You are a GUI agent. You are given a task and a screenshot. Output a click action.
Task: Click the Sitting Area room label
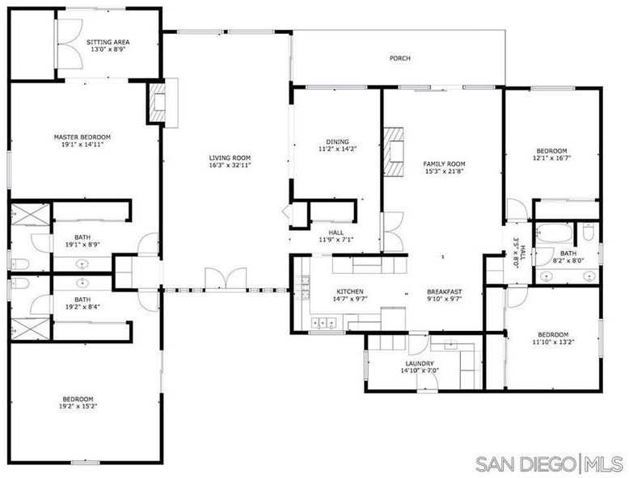pos(108,42)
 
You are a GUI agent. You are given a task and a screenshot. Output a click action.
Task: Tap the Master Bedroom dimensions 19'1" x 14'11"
pos(82,145)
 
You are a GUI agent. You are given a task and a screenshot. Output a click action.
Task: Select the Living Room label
pos(230,158)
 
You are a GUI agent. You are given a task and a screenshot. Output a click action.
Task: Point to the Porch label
pos(400,58)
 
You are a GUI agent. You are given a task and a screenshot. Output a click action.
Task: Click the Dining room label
pos(337,141)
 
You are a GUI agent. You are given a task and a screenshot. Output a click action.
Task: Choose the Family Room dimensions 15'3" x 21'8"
pos(444,171)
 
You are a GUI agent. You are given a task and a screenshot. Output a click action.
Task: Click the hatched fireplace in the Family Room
pos(394,152)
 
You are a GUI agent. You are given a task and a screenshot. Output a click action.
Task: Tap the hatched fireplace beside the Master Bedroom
pos(157,102)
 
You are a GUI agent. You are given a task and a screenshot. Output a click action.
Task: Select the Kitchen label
pos(350,291)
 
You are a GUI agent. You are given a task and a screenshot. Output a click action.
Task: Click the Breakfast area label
pos(444,291)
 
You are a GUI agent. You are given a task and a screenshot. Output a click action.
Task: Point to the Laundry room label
pos(420,364)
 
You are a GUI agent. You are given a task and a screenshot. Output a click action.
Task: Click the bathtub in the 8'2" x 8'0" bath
pos(553,233)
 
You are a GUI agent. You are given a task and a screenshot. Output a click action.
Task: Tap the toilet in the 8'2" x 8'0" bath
pos(588,233)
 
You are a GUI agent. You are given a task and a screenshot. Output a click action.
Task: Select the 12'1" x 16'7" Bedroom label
pos(552,151)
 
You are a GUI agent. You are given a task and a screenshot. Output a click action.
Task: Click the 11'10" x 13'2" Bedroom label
pos(553,335)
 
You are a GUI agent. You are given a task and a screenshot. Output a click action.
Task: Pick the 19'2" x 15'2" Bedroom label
pos(78,399)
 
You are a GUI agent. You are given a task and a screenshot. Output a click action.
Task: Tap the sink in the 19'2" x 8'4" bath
pos(82,283)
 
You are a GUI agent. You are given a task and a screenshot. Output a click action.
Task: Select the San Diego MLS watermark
pos(550,463)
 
